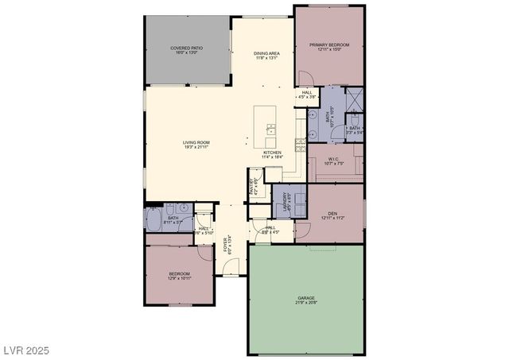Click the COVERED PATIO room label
[187, 48]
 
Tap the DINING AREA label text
[267, 53]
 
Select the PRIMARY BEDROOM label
[328, 45]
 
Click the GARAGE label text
[306, 298]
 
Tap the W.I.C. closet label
[333, 158]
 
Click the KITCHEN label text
[273, 153]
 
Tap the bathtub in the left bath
[154, 219]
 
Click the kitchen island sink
[271, 128]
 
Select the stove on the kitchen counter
[301, 144]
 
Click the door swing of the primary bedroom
[305, 78]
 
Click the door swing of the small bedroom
[206, 253]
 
